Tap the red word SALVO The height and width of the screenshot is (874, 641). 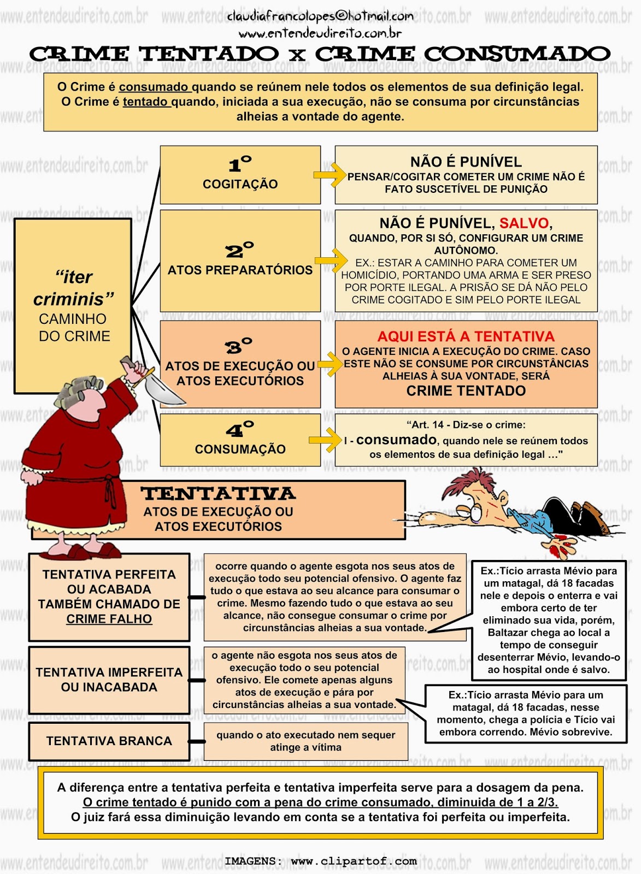tap(524, 223)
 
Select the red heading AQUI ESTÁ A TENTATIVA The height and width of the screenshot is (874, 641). tap(466, 336)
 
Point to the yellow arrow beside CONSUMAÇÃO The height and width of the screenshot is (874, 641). tap(325, 440)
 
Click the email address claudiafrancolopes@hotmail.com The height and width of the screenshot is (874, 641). tap(320, 16)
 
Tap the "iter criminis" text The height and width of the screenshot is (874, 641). tap(74, 288)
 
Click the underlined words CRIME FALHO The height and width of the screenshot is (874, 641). tap(109, 619)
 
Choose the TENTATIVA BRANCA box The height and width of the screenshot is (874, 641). tap(109, 741)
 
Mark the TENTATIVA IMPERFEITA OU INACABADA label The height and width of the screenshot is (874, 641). tap(109, 680)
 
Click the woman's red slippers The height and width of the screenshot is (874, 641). tap(81, 551)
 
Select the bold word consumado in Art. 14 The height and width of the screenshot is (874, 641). tap(396, 440)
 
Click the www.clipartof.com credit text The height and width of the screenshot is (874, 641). tap(354, 860)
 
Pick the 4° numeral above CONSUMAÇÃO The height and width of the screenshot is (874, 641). tap(240, 429)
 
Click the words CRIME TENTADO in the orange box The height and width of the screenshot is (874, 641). tap(466, 391)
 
